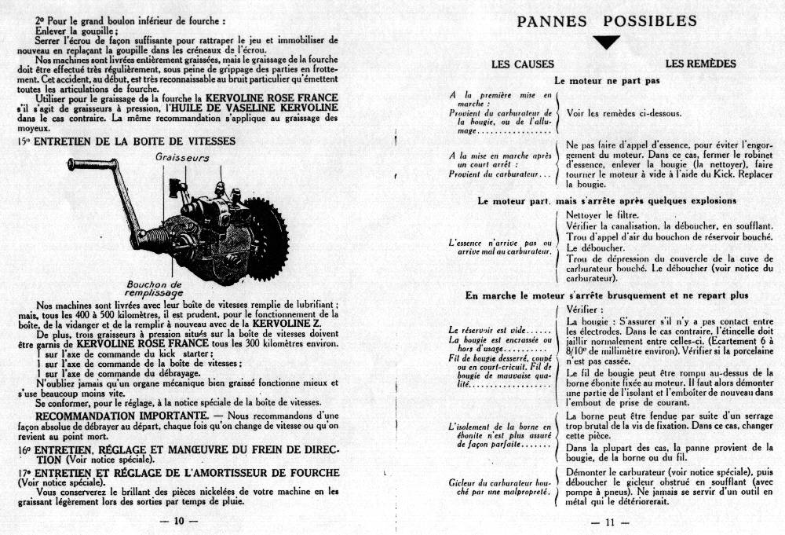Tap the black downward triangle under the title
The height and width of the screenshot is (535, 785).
(606, 42)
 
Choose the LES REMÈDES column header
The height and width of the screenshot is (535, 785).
(700, 64)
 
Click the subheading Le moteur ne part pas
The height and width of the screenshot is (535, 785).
(607, 81)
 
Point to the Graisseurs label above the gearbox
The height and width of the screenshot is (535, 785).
(182, 157)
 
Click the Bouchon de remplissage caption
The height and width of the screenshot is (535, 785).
(154, 288)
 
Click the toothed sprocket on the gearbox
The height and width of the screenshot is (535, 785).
(265, 228)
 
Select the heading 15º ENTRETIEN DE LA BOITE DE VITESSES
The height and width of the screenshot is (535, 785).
(126, 141)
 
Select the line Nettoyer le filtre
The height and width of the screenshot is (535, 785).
(602, 215)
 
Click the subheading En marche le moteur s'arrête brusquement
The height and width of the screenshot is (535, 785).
(606, 295)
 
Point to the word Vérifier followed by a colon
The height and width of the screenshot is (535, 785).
(585, 310)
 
